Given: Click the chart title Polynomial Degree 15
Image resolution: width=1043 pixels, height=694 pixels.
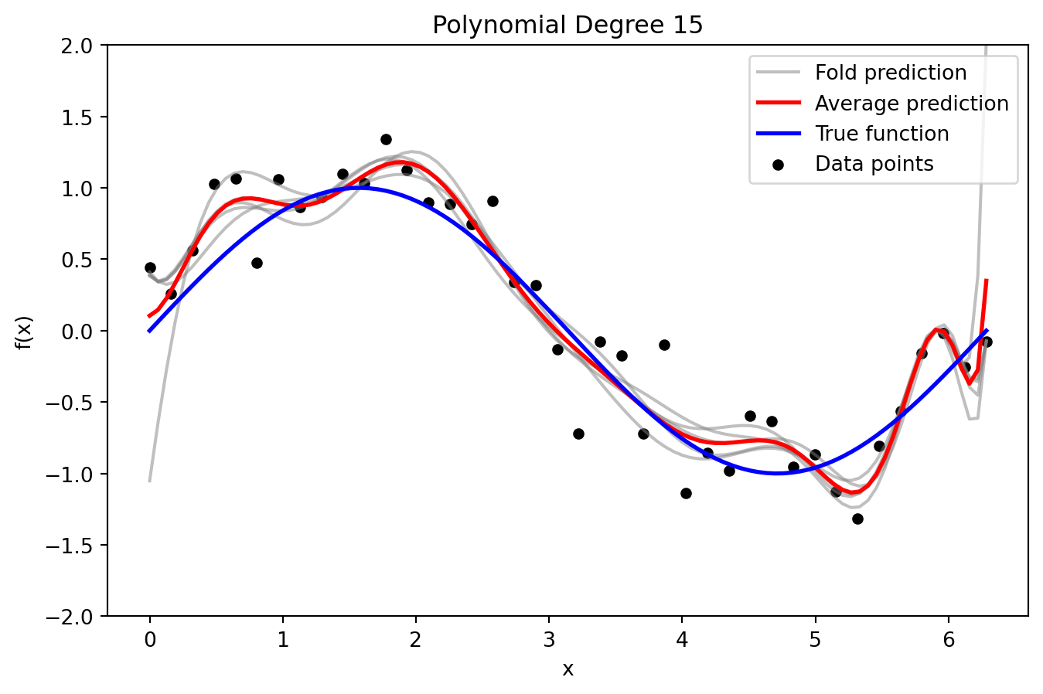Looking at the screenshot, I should point(568,26).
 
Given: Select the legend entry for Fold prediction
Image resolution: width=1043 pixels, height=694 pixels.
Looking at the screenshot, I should point(890,73).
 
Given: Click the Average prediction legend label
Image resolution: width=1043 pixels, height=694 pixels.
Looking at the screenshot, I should point(911,104).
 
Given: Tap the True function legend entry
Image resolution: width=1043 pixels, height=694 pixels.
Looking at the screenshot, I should point(881,134).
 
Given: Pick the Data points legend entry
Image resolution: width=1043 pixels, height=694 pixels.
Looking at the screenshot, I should point(874,164).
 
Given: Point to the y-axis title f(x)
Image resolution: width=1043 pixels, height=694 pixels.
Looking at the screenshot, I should point(24,332).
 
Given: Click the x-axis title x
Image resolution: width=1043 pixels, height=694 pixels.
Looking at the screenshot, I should point(568,669).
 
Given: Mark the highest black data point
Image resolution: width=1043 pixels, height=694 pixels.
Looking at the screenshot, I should point(386,139).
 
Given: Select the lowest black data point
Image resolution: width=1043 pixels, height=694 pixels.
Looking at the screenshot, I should point(857,519).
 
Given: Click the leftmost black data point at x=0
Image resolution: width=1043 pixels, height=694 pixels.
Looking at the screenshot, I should point(150,267).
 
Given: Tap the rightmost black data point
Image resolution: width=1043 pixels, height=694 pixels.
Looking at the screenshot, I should point(987,342).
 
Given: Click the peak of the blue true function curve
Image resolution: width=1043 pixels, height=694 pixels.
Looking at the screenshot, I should point(359,188).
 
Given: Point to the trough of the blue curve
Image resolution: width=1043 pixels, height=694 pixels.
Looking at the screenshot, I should point(777,474).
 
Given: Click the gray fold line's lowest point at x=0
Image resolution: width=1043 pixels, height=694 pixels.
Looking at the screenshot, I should point(149,481).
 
